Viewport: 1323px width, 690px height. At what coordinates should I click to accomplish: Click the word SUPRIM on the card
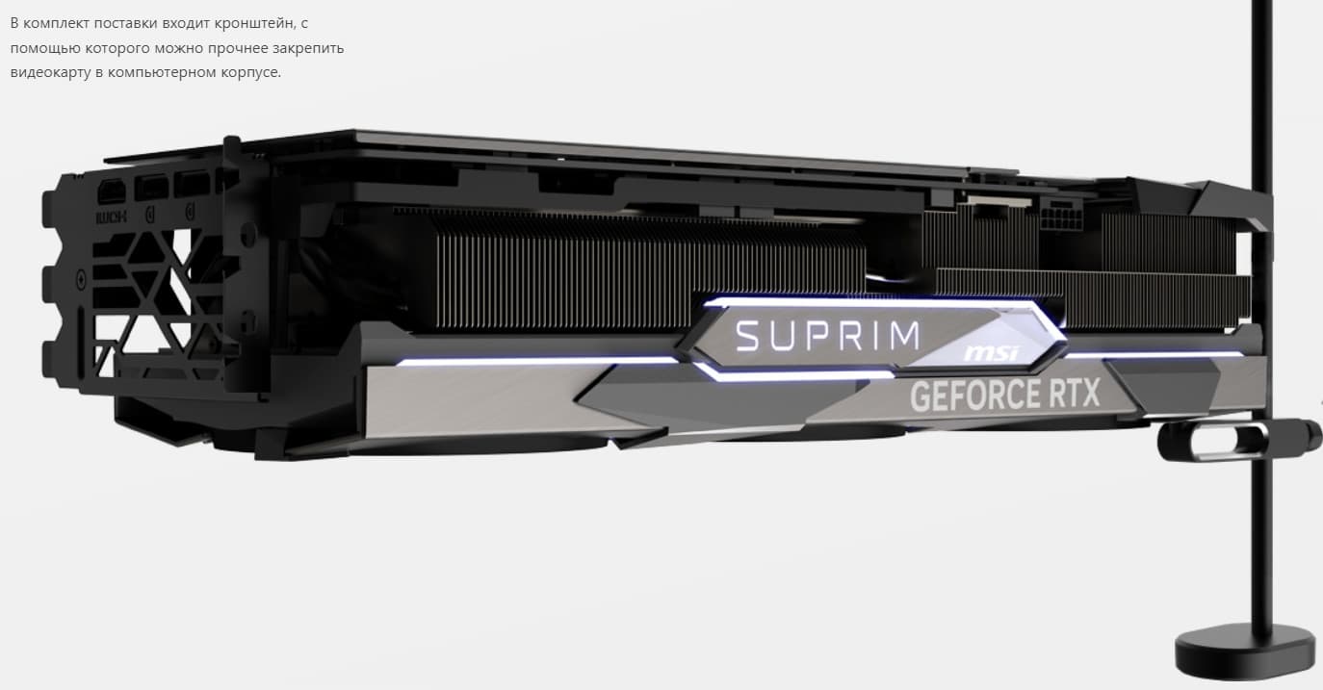pyautogui.click(x=828, y=336)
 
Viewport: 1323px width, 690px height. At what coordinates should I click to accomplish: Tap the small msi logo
pyautogui.click(x=992, y=353)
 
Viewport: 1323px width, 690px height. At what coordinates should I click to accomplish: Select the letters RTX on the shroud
pyautogui.click(x=1075, y=393)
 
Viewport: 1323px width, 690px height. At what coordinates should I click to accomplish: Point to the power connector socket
pyautogui.click(x=1061, y=217)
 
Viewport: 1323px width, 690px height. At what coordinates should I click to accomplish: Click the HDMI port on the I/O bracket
pyautogui.click(x=111, y=191)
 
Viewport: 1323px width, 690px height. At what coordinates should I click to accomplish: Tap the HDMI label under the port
pyautogui.click(x=111, y=217)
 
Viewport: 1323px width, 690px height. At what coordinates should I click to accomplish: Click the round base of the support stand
pyautogui.click(x=1233, y=652)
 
